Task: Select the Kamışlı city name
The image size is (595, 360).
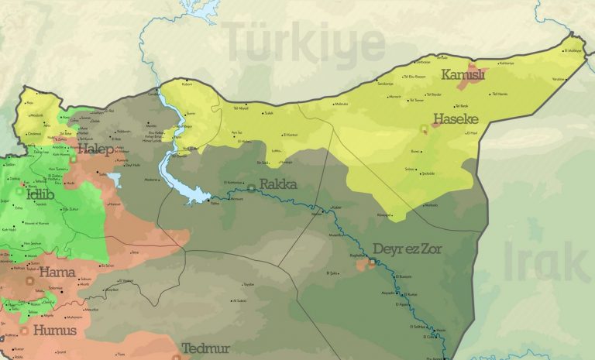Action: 463,74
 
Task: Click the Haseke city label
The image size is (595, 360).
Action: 455,119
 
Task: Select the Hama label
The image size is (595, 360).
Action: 57,272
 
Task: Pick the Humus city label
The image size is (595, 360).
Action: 54,331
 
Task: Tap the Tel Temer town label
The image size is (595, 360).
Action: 415,100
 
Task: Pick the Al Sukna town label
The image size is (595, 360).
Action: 239,300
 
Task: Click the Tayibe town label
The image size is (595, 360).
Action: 249,284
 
